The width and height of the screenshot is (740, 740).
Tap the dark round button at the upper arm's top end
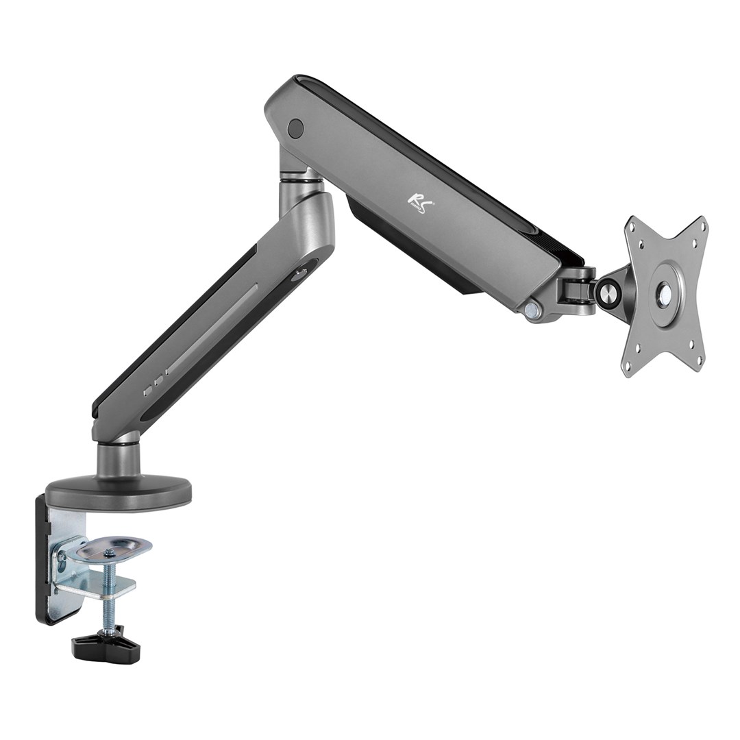(296, 127)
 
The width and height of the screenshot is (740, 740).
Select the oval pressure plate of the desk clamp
(114, 548)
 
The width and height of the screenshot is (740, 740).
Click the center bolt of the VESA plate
(664, 293)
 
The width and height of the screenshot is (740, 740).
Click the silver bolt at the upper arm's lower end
(529, 310)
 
